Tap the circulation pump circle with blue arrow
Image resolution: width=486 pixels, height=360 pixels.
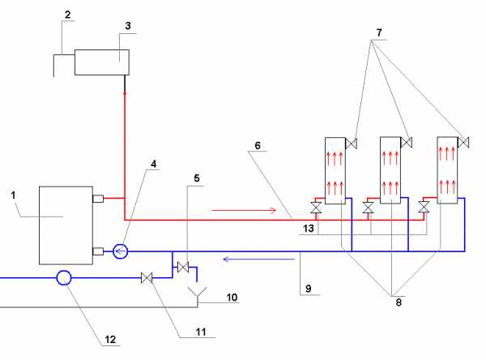[x=120, y=251]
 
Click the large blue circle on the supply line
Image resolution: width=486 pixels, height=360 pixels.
[x=64, y=277]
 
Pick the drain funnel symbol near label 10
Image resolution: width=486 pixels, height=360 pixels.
[x=198, y=292]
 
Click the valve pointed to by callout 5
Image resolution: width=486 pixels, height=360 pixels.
[x=183, y=267]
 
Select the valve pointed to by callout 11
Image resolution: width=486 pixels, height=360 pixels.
[x=147, y=278]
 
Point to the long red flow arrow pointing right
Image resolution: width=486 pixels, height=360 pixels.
[x=244, y=211]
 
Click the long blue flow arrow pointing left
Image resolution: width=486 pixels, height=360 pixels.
[x=259, y=259]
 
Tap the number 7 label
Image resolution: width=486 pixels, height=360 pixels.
[x=379, y=32]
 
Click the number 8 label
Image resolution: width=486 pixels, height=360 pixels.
[x=399, y=302]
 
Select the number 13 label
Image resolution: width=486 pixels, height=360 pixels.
[x=309, y=229]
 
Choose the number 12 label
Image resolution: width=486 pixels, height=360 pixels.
[x=110, y=340]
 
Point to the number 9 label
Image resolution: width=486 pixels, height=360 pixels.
[x=308, y=289]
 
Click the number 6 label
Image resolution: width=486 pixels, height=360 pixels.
[x=258, y=145]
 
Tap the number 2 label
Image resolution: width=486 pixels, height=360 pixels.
[x=67, y=15]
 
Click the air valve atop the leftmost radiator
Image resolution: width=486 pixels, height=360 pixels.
[x=352, y=144]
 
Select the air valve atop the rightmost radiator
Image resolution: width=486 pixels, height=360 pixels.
[x=463, y=143]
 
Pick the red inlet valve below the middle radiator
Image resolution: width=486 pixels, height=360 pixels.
[x=368, y=208]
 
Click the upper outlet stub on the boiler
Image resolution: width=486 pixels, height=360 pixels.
[x=98, y=198]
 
